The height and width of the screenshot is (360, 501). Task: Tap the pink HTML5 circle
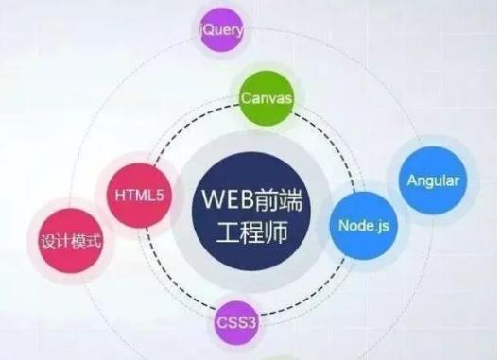point(140,195)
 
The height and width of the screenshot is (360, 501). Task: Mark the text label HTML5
point(140,196)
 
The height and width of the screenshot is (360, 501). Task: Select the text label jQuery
point(221,31)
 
